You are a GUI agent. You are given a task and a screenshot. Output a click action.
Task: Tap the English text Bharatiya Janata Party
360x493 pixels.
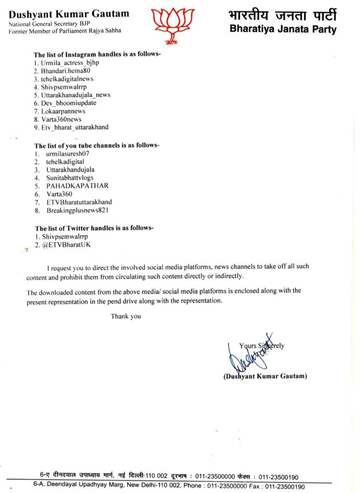(283, 29)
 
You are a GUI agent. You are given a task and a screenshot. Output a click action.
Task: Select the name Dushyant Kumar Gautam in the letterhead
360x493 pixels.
(69, 13)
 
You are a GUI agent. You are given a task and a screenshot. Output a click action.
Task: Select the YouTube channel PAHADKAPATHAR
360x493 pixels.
(77, 185)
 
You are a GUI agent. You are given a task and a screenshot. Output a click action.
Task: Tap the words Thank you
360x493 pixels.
(126, 316)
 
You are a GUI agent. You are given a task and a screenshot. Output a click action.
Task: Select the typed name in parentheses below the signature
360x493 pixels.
(265, 376)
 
